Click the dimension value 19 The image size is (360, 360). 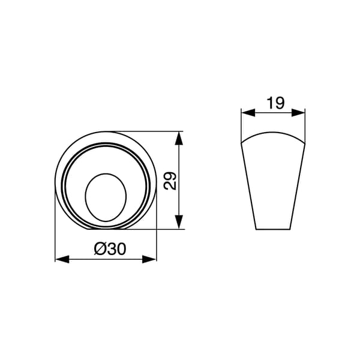pyautogui.click(x=276, y=103)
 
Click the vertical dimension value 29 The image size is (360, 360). pyautogui.click(x=170, y=181)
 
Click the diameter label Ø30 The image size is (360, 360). pyautogui.click(x=110, y=249)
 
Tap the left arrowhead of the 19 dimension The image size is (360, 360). pyautogui.click(x=248, y=113)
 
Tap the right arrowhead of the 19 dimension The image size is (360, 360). pyautogui.click(x=298, y=113)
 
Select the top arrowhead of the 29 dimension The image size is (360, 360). pyautogui.click(x=179, y=138)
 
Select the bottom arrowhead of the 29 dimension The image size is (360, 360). pyautogui.click(x=179, y=222)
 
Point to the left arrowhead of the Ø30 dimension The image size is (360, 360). pyautogui.click(x=62, y=259)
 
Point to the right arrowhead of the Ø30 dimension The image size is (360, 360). pyautogui.click(x=149, y=259)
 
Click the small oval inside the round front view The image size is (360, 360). pyautogui.click(x=106, y=197)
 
